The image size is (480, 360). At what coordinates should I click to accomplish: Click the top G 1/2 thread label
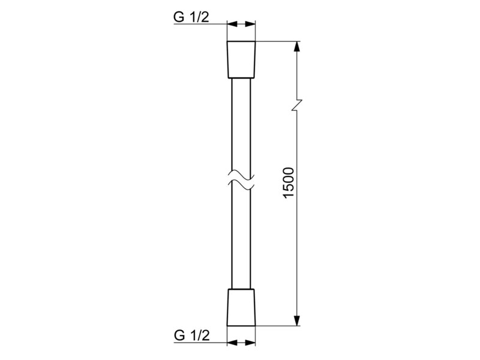pos(191,17)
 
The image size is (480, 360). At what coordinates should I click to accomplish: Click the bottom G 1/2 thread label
pos(192,335)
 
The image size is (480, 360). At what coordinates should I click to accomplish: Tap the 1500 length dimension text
pos(289,183)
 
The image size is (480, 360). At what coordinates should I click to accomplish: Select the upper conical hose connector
pos(241,59)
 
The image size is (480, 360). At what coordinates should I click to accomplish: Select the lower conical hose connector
pos(241,307)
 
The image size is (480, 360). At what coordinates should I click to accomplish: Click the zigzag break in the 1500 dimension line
pos(296,105)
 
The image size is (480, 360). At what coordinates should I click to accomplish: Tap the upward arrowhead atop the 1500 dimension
pos(296,47)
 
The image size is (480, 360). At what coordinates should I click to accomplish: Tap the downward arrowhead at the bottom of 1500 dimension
pos(296,320)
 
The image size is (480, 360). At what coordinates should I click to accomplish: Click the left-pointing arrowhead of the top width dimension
pos(232,23)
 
